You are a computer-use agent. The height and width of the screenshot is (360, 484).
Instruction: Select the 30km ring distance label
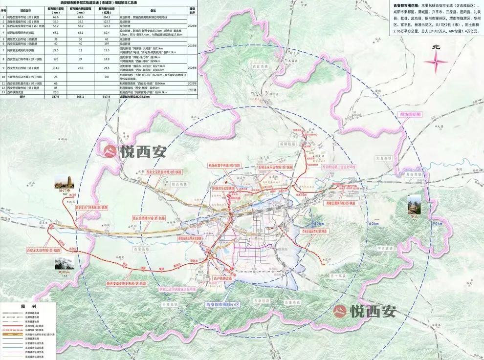[318, 224]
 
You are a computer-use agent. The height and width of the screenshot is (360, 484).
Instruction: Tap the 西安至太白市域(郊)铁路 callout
[43, 250]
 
